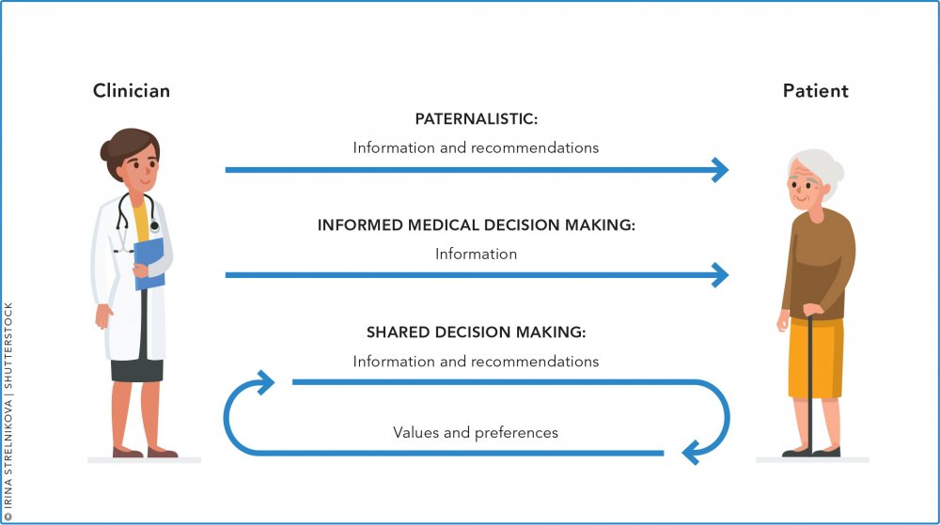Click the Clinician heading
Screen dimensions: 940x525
[132, 90]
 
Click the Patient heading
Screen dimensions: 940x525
[815, 90]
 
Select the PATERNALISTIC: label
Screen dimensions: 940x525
[476, 118]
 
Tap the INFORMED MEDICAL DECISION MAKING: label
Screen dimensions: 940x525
[476, 225]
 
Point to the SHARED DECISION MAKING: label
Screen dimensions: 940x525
[476, 332]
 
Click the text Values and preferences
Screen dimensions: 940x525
[476, 432]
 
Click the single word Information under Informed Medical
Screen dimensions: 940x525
[476, 254]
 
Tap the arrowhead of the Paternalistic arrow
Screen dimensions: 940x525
[719, 170]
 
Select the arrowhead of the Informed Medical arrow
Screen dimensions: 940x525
[719, 275]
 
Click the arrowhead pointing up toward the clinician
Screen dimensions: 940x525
[265, 381]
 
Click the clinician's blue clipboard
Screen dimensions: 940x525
[149, 262]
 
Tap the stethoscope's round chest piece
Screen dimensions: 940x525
[155, 226]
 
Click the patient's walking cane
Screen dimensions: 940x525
[810, 382]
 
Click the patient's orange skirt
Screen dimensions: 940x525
[815, 359]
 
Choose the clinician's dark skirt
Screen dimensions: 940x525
[136, 370]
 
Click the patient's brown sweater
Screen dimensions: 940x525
[819, 263]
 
